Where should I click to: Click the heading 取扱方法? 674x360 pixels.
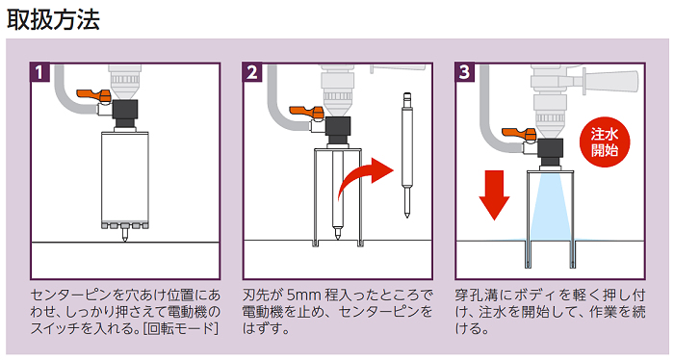[53, 19]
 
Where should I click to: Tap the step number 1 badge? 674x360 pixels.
[40, 72]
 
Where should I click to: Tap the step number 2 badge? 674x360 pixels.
[252, 72]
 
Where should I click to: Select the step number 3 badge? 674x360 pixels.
[465, 72]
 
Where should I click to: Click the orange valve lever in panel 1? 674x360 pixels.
[93, 95]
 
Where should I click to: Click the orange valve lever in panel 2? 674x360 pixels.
[306, 112]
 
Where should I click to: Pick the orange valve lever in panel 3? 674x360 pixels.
[519, 134]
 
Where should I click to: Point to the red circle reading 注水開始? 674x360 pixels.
[604, 142]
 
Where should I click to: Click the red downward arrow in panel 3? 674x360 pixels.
[494, 195]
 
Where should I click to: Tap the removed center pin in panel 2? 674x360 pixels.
[406, 155]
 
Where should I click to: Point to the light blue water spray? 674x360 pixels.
[550, 206]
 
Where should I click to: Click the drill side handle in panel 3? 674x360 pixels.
[610, 80]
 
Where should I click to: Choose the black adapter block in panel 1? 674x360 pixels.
[125, 114]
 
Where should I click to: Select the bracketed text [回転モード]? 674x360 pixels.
[181, 328]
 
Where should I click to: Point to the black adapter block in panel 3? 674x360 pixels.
[550, 152]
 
